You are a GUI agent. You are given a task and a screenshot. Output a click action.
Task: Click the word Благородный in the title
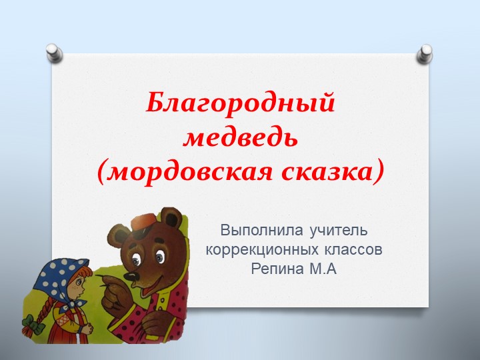click(x=240, y=104)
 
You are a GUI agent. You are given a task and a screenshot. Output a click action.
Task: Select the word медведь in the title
click(x=240, y=139)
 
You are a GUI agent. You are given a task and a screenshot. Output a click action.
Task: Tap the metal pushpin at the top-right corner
click(x=423, y=54)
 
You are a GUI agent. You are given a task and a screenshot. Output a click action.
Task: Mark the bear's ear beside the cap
click(x=172, y=218)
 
